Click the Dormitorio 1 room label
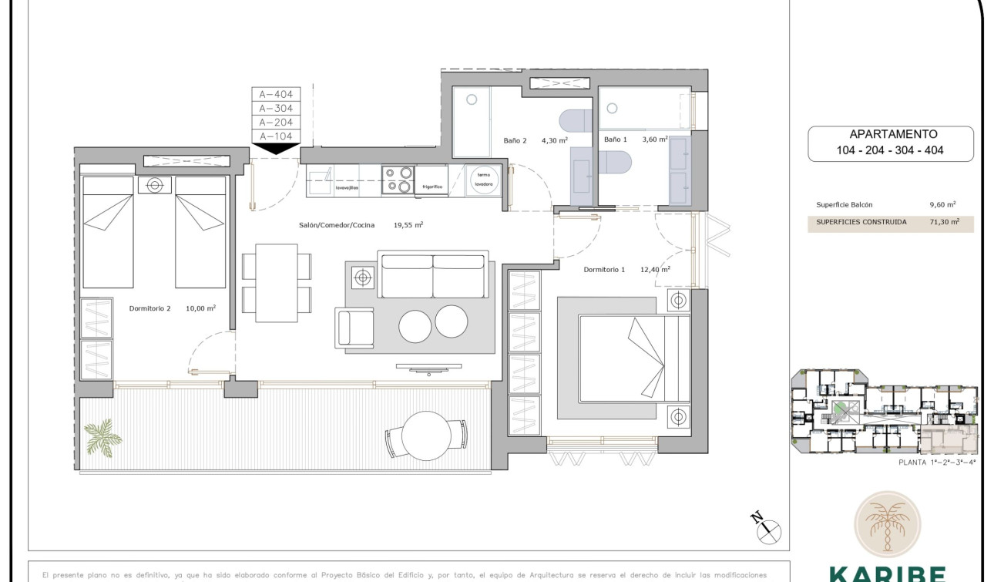[604, 270]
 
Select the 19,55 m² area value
[408, 225]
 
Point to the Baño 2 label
[515, 140]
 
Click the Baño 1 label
[616, 140]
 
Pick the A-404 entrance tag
[275, 95]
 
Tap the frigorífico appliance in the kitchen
[431, 186]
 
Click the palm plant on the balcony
[102, 437]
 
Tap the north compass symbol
[768, 530]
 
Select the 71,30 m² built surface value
[944, 222]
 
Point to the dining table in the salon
[277, 282]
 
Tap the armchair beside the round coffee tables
[355, 327]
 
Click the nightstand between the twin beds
[155, 185]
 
